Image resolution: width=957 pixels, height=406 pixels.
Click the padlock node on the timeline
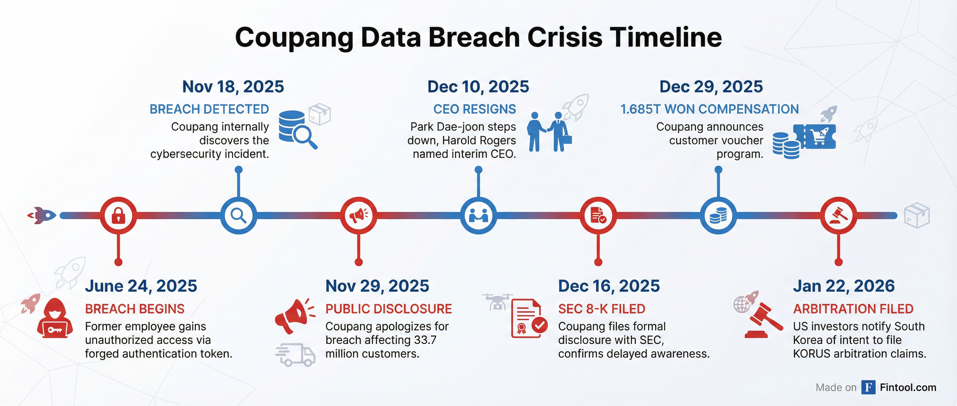[118, 215]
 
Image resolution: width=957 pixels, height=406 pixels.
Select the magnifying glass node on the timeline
[239, 215]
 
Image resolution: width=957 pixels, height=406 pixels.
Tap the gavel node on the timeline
[839, 215]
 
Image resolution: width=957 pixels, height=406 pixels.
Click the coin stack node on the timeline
[718, 215]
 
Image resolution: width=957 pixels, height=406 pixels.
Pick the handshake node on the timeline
[478, 215]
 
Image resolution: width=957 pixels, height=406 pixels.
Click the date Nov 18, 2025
[233, 87]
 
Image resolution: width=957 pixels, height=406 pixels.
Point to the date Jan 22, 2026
[844, 286]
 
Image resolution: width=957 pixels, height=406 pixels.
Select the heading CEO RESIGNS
[474, 109]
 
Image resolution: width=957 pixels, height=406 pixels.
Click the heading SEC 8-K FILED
[601, 309]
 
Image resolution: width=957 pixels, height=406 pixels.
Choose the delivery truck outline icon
[296, 355]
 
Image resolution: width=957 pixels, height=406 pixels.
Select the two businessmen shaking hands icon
[549, 132]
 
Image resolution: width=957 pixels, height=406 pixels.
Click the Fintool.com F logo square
[868, 388]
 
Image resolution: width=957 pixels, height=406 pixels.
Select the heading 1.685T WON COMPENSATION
[709, 109]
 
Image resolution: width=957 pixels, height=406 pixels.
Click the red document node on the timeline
[598, 215]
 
